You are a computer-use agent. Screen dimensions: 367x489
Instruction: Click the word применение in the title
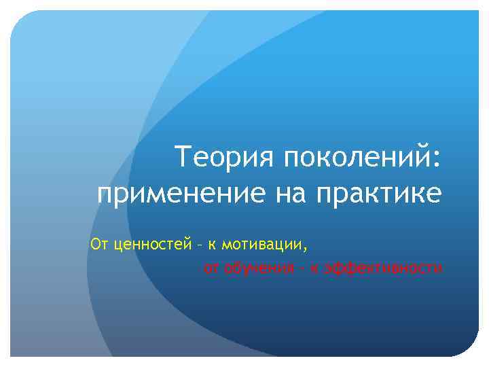click(181, 195)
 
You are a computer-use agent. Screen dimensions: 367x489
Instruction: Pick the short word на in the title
click(290, 195)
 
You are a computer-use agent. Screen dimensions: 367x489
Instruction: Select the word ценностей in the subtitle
click(151, 242)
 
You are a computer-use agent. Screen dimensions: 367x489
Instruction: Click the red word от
click(211, 268)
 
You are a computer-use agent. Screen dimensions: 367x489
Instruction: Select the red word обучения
click(256, 268)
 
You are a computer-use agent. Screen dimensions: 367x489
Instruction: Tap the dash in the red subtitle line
click(300, 268)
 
